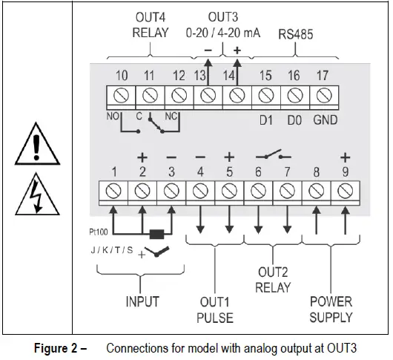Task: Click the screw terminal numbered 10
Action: click(121, 95)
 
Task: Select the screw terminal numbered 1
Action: click(114, 192)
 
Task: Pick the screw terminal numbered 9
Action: click(344, 192)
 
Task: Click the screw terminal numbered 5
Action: click(229, 192)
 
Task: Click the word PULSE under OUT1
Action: click(216, 318)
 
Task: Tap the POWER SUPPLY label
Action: click(331, 310)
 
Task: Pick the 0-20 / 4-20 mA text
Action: click(222, 33)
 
